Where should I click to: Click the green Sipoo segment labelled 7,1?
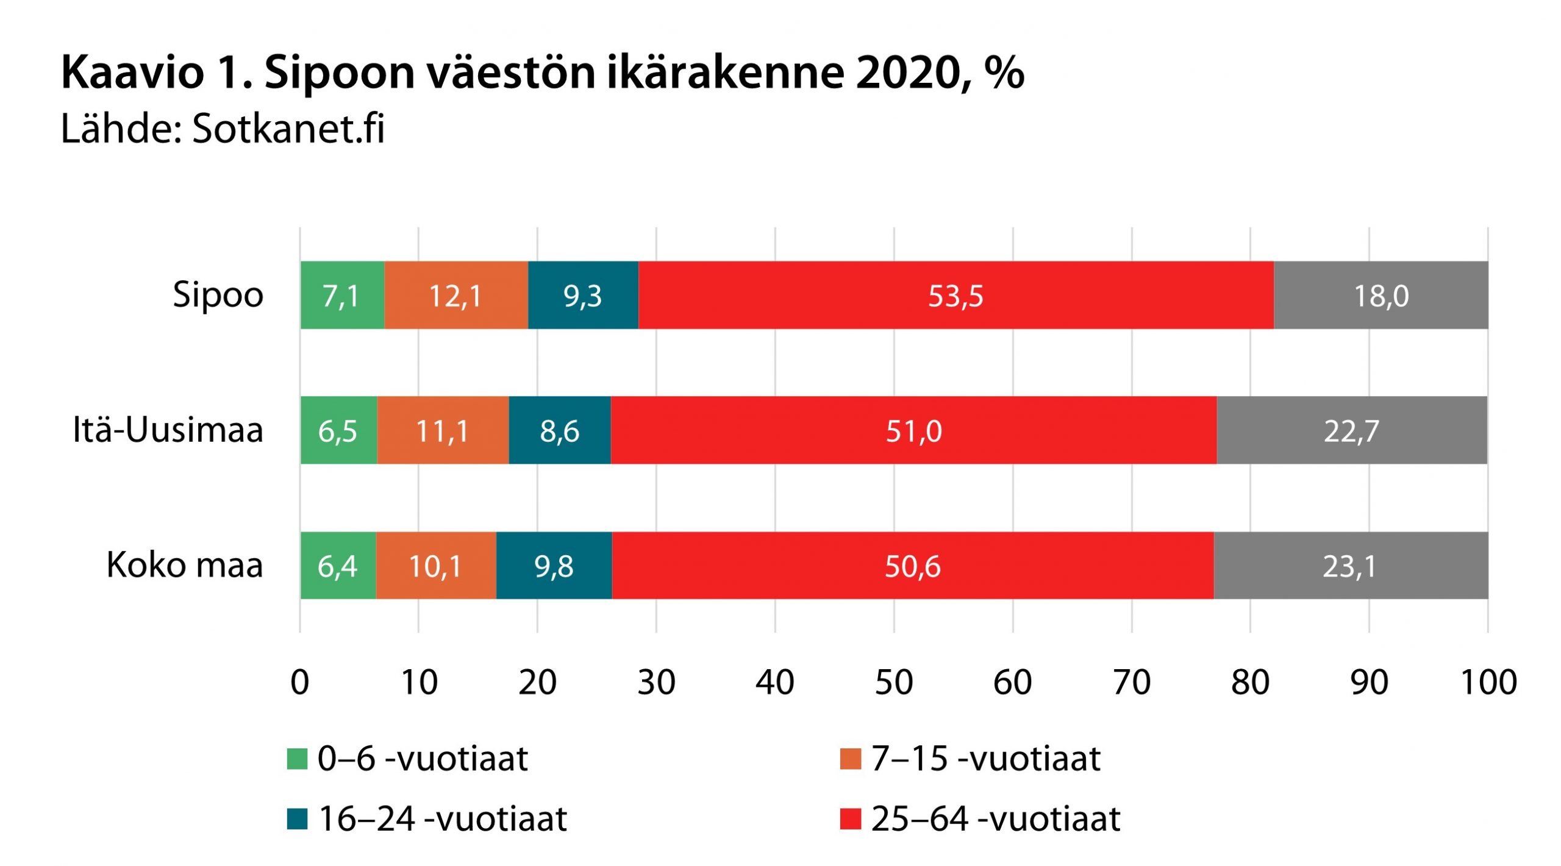342,296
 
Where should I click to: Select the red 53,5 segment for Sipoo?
956,296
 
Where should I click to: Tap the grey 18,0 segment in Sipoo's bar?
1381,296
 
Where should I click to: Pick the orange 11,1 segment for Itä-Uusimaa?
443,431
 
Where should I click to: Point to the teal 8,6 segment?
559,431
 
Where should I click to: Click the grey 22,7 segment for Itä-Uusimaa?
1351,431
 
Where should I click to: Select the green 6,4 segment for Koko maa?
338,566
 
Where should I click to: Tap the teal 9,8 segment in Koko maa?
554,566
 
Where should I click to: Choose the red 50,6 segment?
912,566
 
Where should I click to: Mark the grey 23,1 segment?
1350,566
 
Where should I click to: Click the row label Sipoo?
218,296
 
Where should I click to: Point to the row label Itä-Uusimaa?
168,430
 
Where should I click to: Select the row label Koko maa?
185,566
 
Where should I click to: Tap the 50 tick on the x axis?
894,683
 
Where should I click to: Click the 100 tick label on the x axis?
1488,683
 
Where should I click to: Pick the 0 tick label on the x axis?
299,683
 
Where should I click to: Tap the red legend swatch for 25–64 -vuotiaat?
850,819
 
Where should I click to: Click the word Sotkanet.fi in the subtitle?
288,129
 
